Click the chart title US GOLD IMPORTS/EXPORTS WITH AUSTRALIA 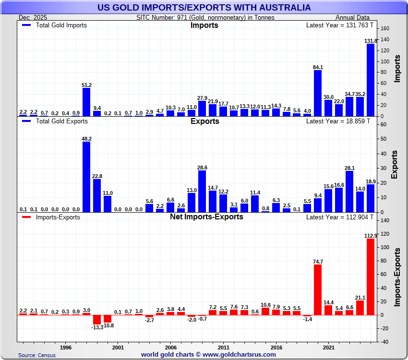(204, 8)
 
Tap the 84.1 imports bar (318, 93)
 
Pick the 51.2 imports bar (86, 102)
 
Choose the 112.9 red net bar (371, 276)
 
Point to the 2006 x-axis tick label (171, 347)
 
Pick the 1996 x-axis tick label (66, 347)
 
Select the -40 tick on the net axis (384, 342)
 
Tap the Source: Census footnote (37, 355)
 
